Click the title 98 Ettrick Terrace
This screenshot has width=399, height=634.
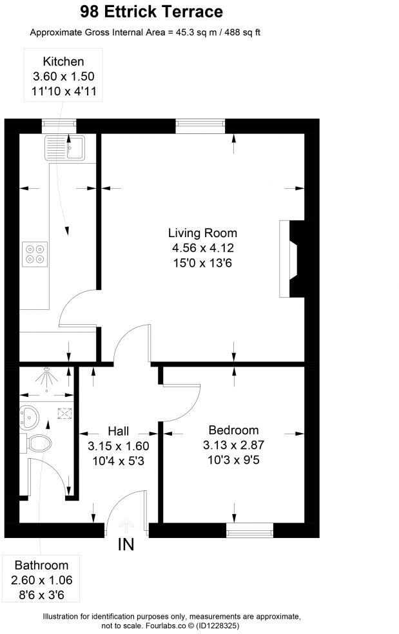coord(151,12)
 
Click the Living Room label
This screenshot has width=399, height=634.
coord(202,233)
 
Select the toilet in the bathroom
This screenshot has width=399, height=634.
coord(39,443)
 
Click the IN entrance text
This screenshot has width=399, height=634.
coord(126,545)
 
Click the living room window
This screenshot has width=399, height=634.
coord(200,126)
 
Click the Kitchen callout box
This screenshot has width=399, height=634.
coord(63,77)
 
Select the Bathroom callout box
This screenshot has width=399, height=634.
coord(41,579)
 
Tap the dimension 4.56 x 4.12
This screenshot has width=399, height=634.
coord(202,247)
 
